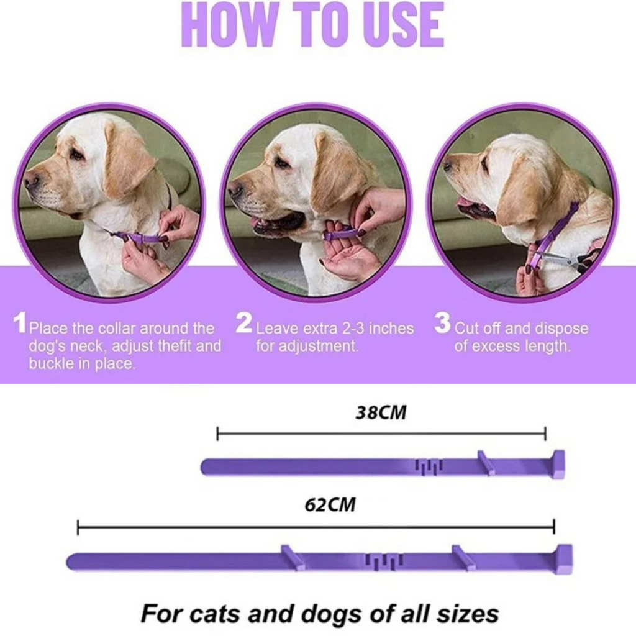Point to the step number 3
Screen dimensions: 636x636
[x=442, y=324]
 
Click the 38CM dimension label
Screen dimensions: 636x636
[x=381, y=413]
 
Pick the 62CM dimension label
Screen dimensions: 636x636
[x=330, y=504]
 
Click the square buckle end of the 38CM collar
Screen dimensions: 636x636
[x=558, y=465]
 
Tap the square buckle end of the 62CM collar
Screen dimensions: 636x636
[x=564, y=559]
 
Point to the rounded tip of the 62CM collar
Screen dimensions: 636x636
[x=72, y=562]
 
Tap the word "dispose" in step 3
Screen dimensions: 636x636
[x=560, y=328]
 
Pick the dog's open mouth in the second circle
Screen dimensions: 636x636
[x=279, y=222]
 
